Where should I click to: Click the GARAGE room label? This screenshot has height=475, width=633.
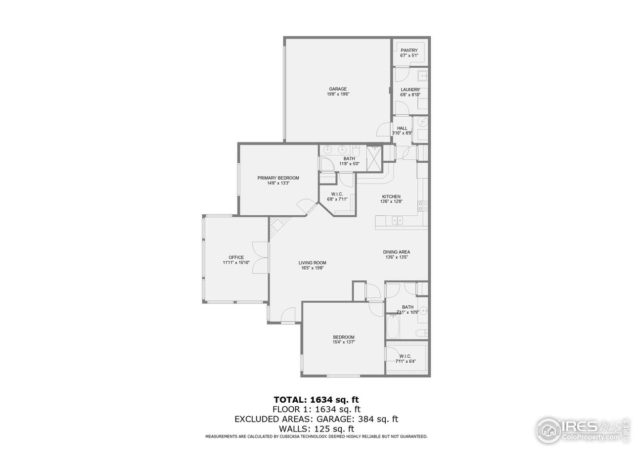338,89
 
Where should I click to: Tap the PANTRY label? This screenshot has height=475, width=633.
409,50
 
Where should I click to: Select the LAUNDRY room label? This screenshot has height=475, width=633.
410,90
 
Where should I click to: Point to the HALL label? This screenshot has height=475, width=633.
402,128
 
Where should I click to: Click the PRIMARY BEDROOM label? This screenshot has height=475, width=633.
278,178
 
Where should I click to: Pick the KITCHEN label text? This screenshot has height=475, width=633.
390,196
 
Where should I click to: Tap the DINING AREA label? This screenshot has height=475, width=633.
397,252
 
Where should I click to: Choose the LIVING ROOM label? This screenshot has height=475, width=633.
313,263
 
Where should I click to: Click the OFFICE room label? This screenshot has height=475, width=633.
236,257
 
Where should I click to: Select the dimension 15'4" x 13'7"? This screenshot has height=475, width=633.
344,342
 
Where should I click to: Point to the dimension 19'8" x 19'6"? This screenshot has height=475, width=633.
338,94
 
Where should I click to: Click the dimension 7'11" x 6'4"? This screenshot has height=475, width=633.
406,361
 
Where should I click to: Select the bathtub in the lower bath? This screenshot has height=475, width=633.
394,327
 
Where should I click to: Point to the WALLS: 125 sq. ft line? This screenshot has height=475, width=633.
316,428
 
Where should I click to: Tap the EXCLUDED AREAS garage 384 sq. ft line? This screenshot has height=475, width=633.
316,419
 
